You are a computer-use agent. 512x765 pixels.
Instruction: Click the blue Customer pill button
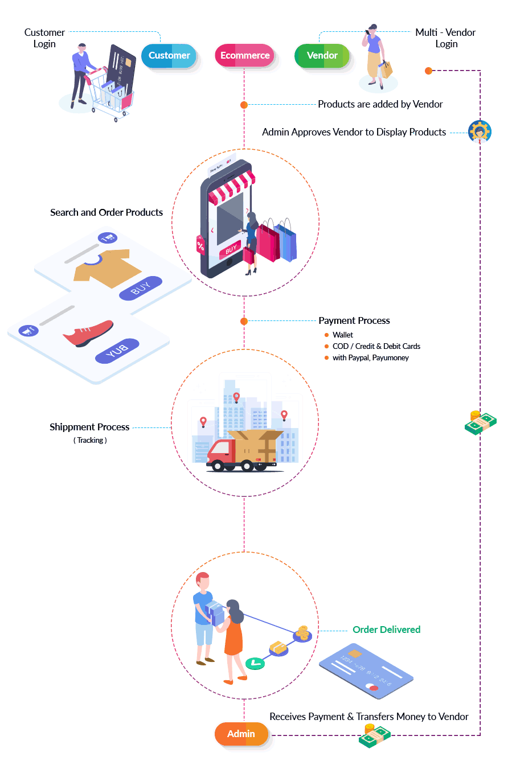[169, 55]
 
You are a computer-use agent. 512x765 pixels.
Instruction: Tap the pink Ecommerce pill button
[245, 55]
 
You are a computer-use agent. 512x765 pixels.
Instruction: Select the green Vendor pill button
[322, 55]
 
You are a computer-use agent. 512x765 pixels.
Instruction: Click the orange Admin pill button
[241, 734]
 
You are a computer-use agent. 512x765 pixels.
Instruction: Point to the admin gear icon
[480, 131]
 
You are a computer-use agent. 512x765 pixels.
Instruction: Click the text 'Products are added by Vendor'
[380, 104]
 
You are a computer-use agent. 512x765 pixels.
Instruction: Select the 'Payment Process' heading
[354, 320]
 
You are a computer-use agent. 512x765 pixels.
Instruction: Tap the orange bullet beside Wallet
[326, 335]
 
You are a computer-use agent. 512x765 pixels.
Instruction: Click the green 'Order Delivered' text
[386, 630]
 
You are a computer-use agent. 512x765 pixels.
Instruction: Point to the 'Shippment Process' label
[89, 427]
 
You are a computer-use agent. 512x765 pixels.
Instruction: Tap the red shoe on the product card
[88, 334]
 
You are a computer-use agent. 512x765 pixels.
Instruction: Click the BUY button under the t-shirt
[141, 288]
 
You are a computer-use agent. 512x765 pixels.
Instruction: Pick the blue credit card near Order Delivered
[366, 671]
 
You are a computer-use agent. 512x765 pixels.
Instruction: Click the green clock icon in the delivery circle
[255, 663]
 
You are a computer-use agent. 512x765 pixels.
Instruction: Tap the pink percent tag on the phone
[200, 245]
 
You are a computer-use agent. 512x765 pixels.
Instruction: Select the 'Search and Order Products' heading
[107, 212]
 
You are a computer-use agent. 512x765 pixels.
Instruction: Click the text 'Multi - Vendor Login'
[445, 38]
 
